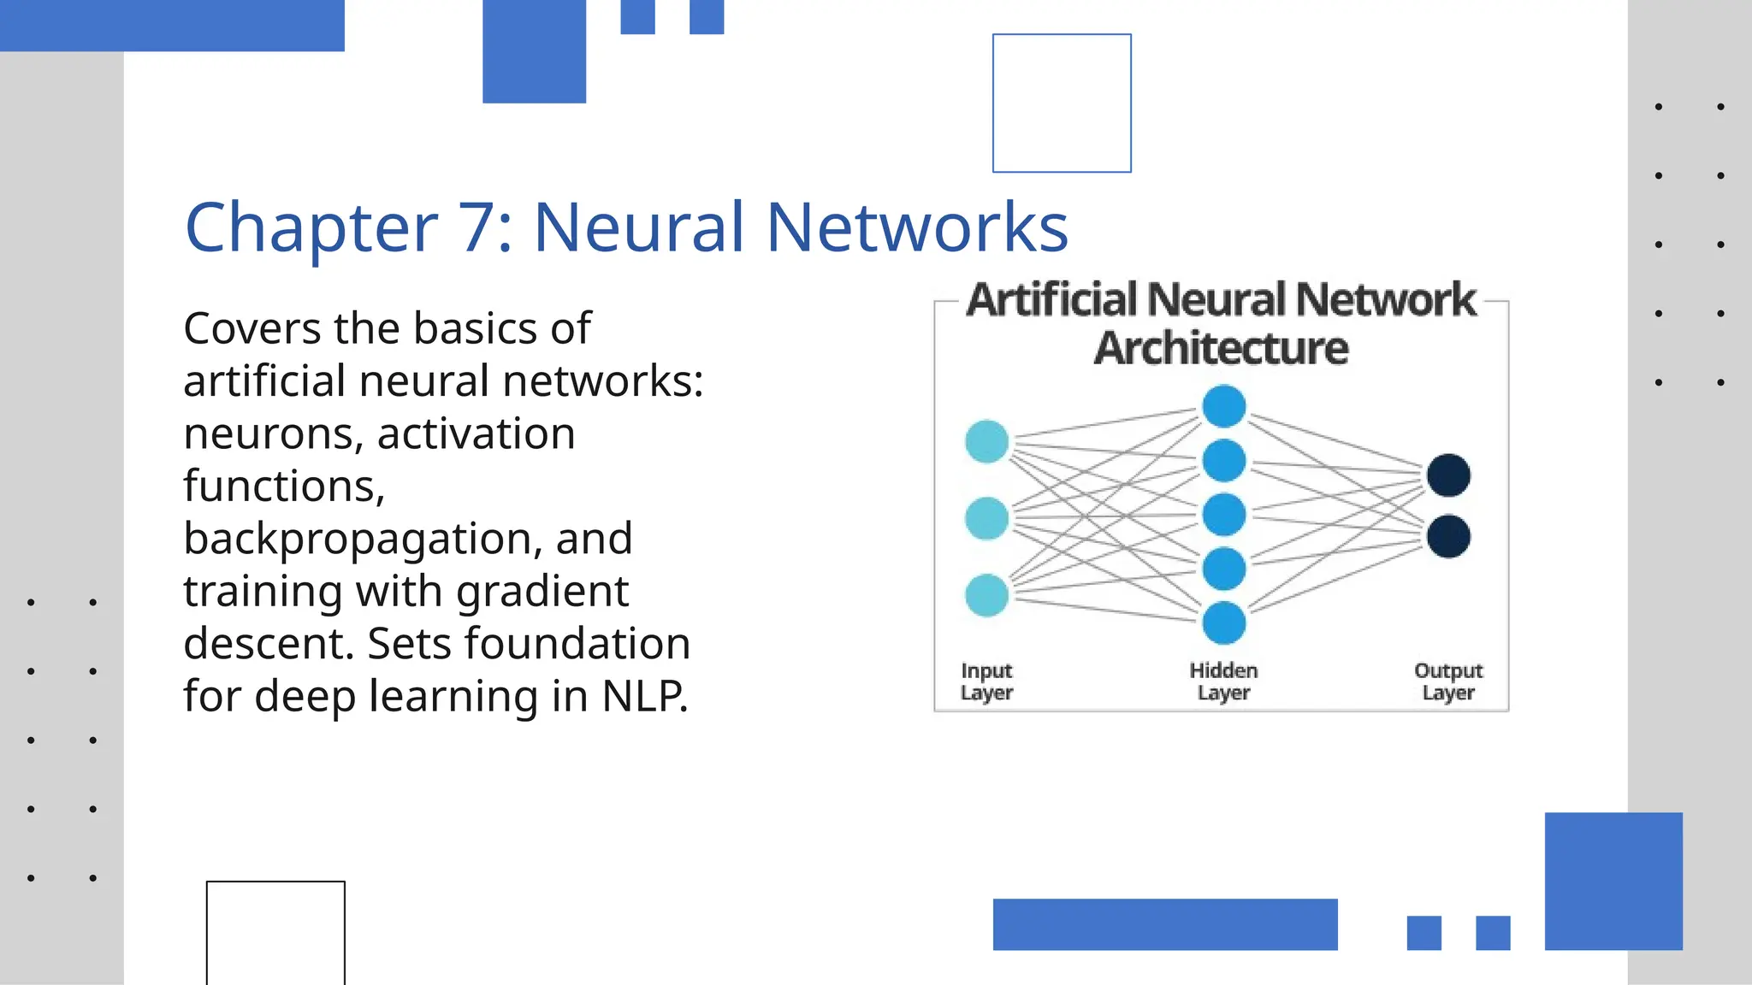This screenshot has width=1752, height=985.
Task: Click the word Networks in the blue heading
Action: pyautogui.click(x=917, y=227)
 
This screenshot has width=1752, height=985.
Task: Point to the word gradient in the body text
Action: pyautogui.click(x=542, y=591)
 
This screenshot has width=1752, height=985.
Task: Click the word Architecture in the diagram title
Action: pyautogui.click(x=1221, y=348)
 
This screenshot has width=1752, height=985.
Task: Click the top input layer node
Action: pyautogui.click(x=986, y=442)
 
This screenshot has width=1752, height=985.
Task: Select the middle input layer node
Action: pyautogui.click(x=986, y=518)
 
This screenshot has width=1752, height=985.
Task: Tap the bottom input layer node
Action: pyautogui.click(x=986, y=595)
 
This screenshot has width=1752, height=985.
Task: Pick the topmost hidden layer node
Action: pyautogui.click(x=1223, y=406)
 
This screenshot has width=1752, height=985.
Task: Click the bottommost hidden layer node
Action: pyautogui.click(x=1223, y=622)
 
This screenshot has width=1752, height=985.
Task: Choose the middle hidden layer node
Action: pyautogui.click(x=1223, y=515)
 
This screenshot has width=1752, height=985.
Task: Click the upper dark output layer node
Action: pyautogui.click(x=1448, y=475)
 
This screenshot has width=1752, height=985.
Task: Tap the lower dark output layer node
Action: pyautogui.click(x=1448, y=537)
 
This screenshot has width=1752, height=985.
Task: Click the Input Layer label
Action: pyautogui.click(x=986, y=681)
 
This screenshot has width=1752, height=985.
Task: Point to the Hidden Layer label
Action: pyautogui.click(x=1223, y=681)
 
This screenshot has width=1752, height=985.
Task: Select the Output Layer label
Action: pyautogui.click(x=1448, y=681)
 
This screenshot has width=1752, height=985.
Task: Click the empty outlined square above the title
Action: pyautogui.click(x=1062, y=103)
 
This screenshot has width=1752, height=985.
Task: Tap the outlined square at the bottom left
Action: pyautogui.click(x=275, y=932)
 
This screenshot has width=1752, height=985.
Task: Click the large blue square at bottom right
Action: pyautogui.click(x=1613, y=881)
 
